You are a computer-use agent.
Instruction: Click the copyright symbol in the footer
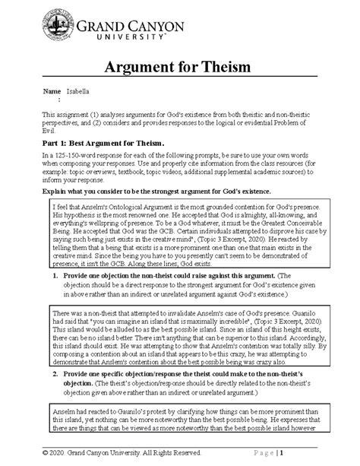click(48, 455)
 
